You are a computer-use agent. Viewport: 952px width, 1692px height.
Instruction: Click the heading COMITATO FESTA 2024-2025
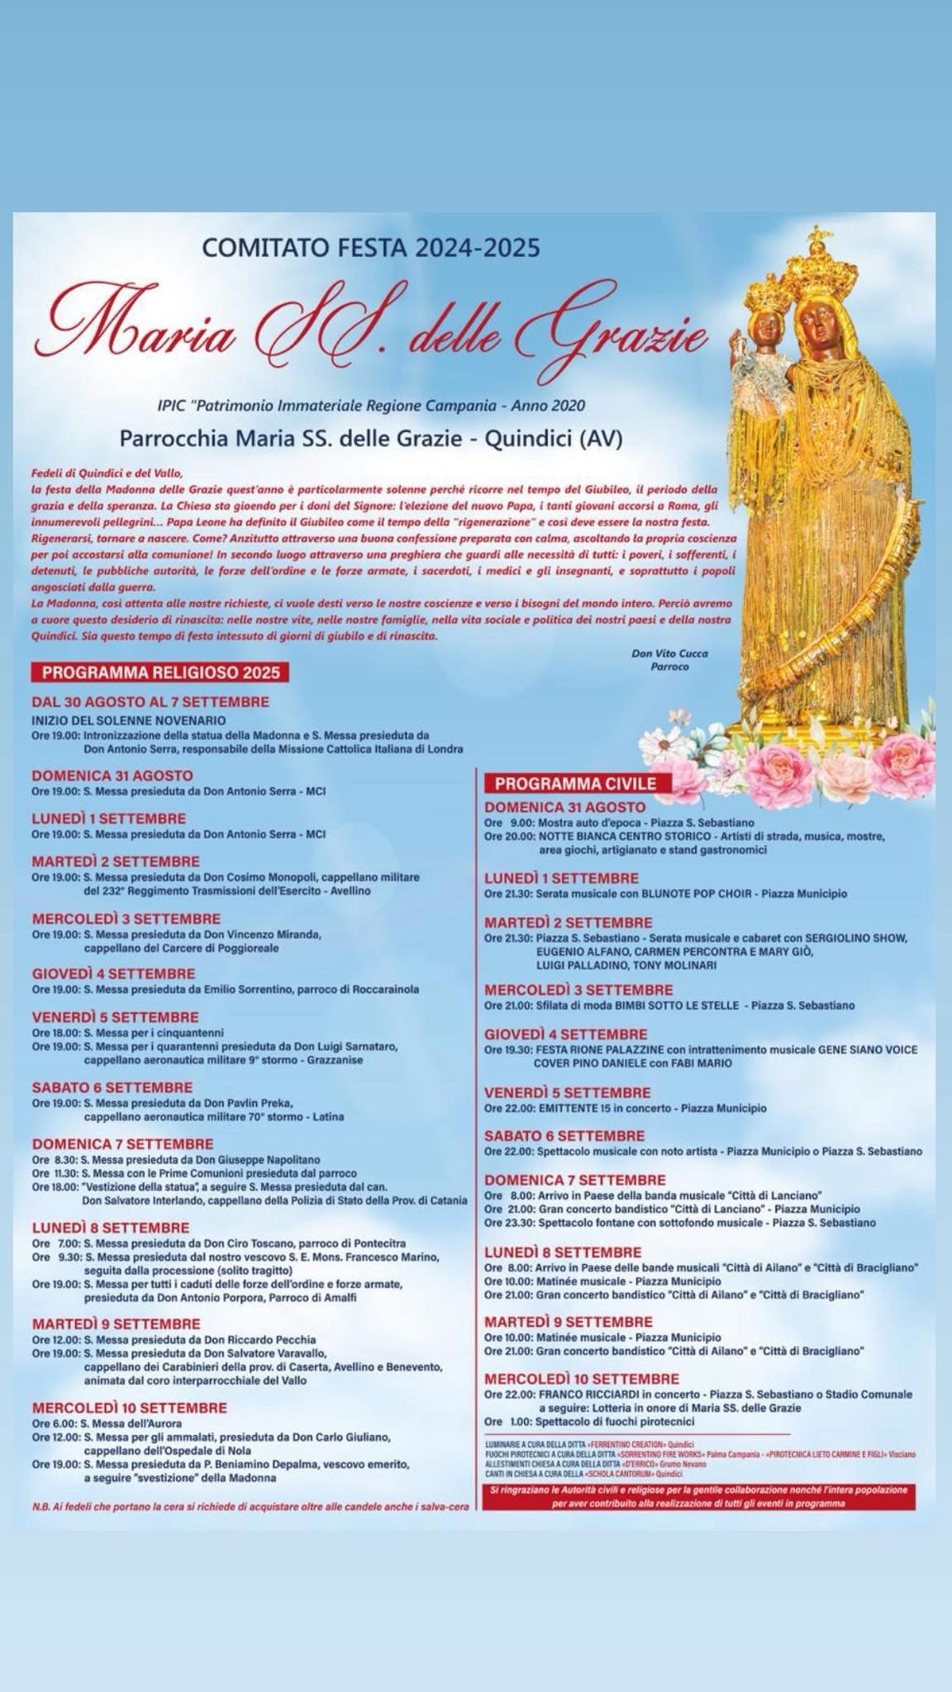tap(371, 247)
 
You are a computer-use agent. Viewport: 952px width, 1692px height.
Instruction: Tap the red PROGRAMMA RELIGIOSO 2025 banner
tap(160, 673)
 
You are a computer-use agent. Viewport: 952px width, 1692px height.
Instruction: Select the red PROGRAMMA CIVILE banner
tap(575, 783)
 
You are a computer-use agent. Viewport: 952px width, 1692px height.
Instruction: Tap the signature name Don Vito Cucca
tap(669, 654)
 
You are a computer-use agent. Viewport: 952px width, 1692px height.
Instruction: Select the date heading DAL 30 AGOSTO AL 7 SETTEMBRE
tap(150, 702)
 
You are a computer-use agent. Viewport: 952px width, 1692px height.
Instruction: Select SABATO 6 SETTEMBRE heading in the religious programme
tap(112, 1087)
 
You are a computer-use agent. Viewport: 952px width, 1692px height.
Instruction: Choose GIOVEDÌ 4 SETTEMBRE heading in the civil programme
tap(565, 1034)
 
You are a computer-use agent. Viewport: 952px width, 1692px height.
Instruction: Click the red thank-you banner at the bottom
tap(698, 1497)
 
